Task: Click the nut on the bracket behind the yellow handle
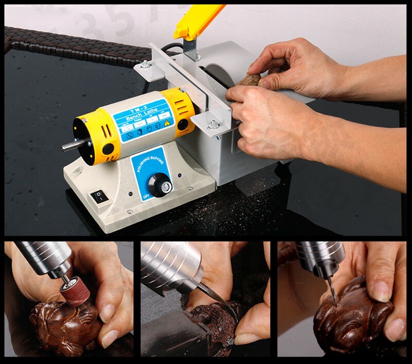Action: point(147,65)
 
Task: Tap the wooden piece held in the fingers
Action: point(250,80)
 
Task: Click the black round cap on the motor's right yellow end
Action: point(182,124)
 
